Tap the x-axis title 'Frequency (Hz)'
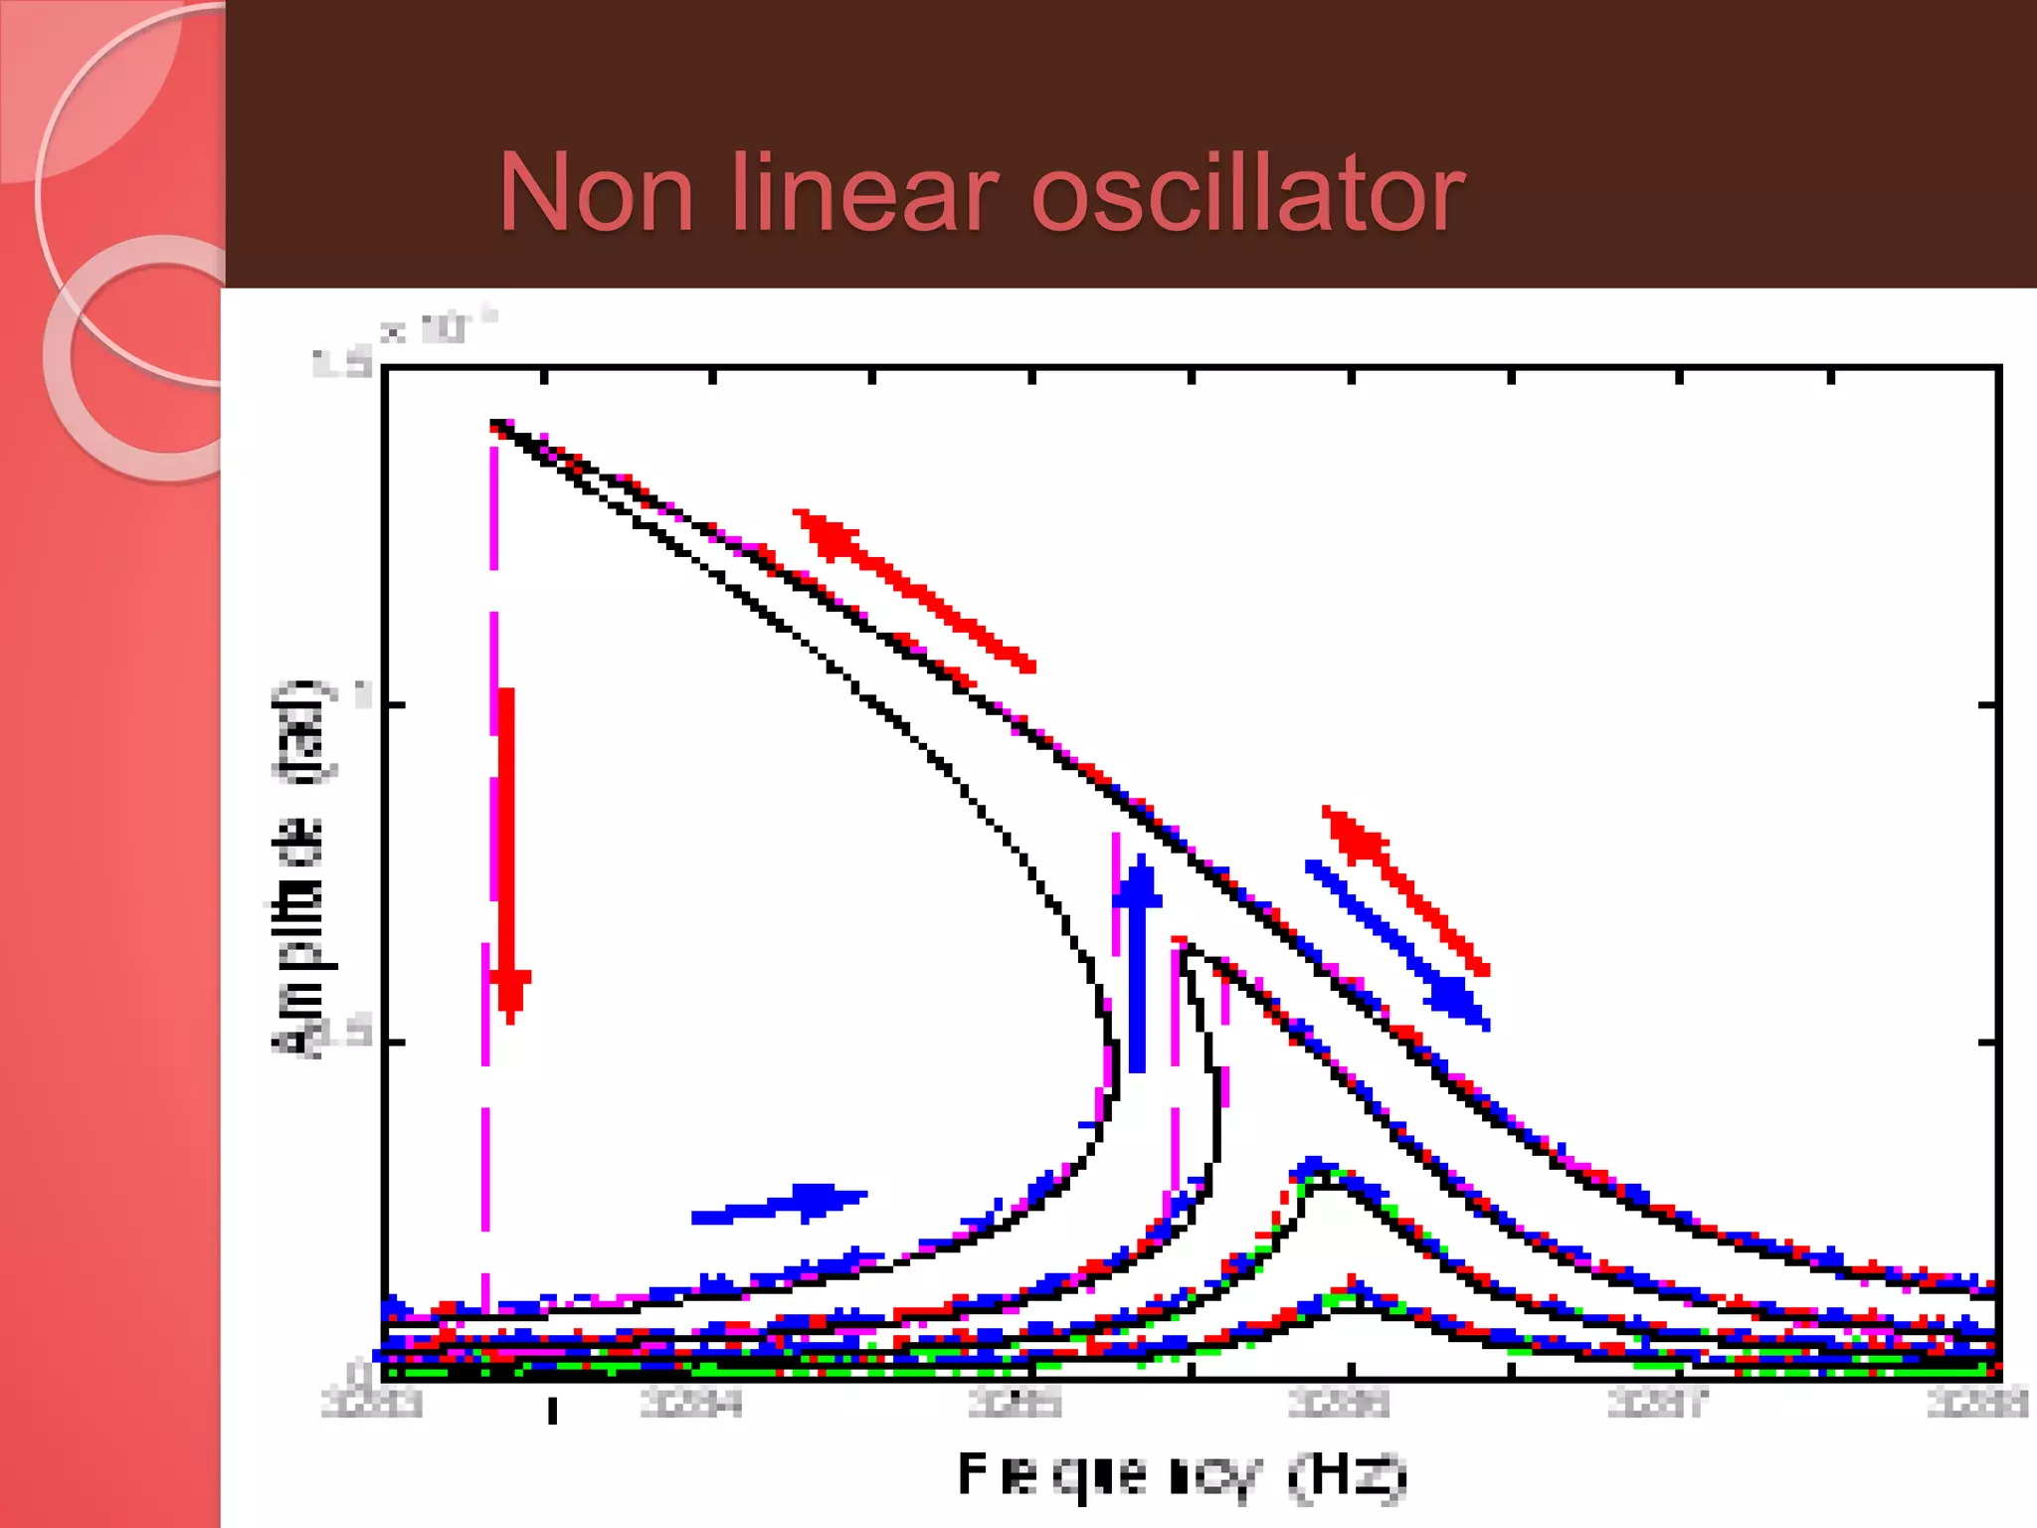tap(1182, 1475)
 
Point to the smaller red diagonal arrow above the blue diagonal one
tap(1404, 888)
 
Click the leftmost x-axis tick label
tap(372, 1404)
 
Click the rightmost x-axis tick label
tap(1977, 1403)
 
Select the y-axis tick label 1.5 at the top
tap(342, 363)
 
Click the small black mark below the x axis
tap(553, 1411)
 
